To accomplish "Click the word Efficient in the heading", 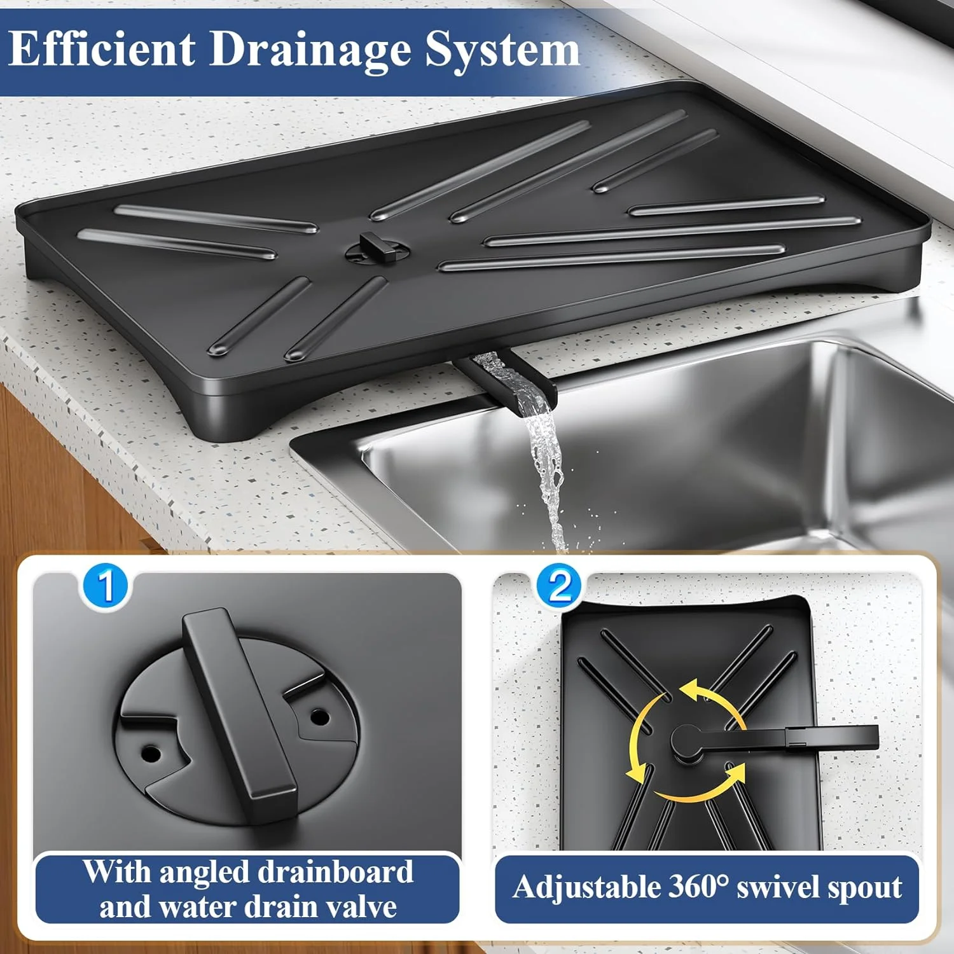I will (102, 50).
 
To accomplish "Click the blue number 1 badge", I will (106, 586).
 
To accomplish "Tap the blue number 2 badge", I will (559, 586).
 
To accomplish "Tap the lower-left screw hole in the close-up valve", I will (151, 754).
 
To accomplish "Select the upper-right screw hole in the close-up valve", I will (319, 717).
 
